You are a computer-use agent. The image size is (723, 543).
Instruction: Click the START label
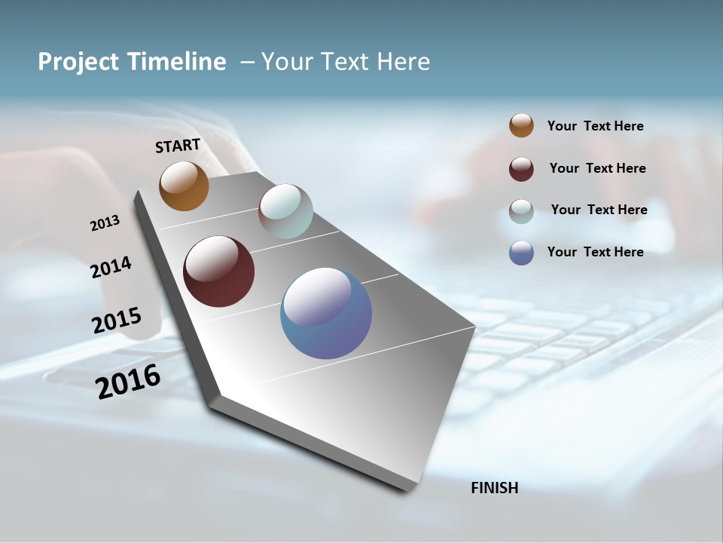(178, 146)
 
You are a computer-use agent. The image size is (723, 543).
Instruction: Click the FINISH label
(494, 488)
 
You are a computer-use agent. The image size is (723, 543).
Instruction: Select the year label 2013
(105, 223)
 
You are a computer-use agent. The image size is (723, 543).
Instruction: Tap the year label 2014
(111, 267)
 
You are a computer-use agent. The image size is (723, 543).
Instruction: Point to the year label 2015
(116, 320)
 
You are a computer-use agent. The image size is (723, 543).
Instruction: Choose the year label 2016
(128, 381)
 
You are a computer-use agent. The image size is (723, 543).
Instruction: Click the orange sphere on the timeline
(184, 186)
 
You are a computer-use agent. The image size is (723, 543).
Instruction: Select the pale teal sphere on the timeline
(285, 211)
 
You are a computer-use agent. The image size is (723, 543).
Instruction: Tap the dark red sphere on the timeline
(218, 271)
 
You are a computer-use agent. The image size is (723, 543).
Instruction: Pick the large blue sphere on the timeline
(326, 313)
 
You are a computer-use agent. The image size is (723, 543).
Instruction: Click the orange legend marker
(521, 126)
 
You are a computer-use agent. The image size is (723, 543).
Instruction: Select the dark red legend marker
(521, 169)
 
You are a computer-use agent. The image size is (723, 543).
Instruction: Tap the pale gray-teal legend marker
(521, 211)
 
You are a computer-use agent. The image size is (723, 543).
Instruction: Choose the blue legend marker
(521, 253)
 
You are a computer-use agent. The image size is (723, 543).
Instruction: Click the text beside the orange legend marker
(595, 126)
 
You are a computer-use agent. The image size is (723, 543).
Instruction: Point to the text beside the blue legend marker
(595, 252)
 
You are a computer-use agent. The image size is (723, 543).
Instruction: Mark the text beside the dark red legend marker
(597, 168)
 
